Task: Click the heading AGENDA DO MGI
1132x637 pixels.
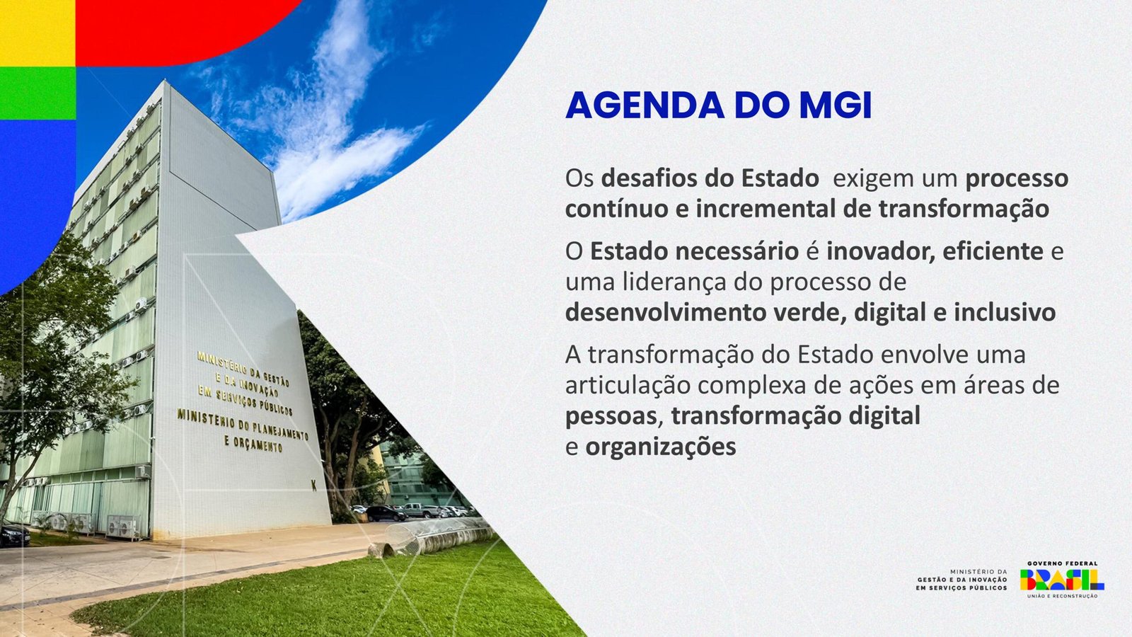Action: point(718,105)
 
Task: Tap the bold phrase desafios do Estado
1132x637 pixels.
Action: point(710,178)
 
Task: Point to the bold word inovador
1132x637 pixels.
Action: point(877,252)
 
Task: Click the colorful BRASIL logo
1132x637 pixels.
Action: point(1062,580)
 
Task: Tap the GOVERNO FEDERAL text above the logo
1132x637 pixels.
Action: point(1062,563)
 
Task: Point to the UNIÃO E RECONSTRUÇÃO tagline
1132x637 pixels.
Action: point(1062,597)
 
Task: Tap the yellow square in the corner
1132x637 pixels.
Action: point(37,33)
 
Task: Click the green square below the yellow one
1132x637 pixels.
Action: point(37,93)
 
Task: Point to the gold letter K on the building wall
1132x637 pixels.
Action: point(314,486)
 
